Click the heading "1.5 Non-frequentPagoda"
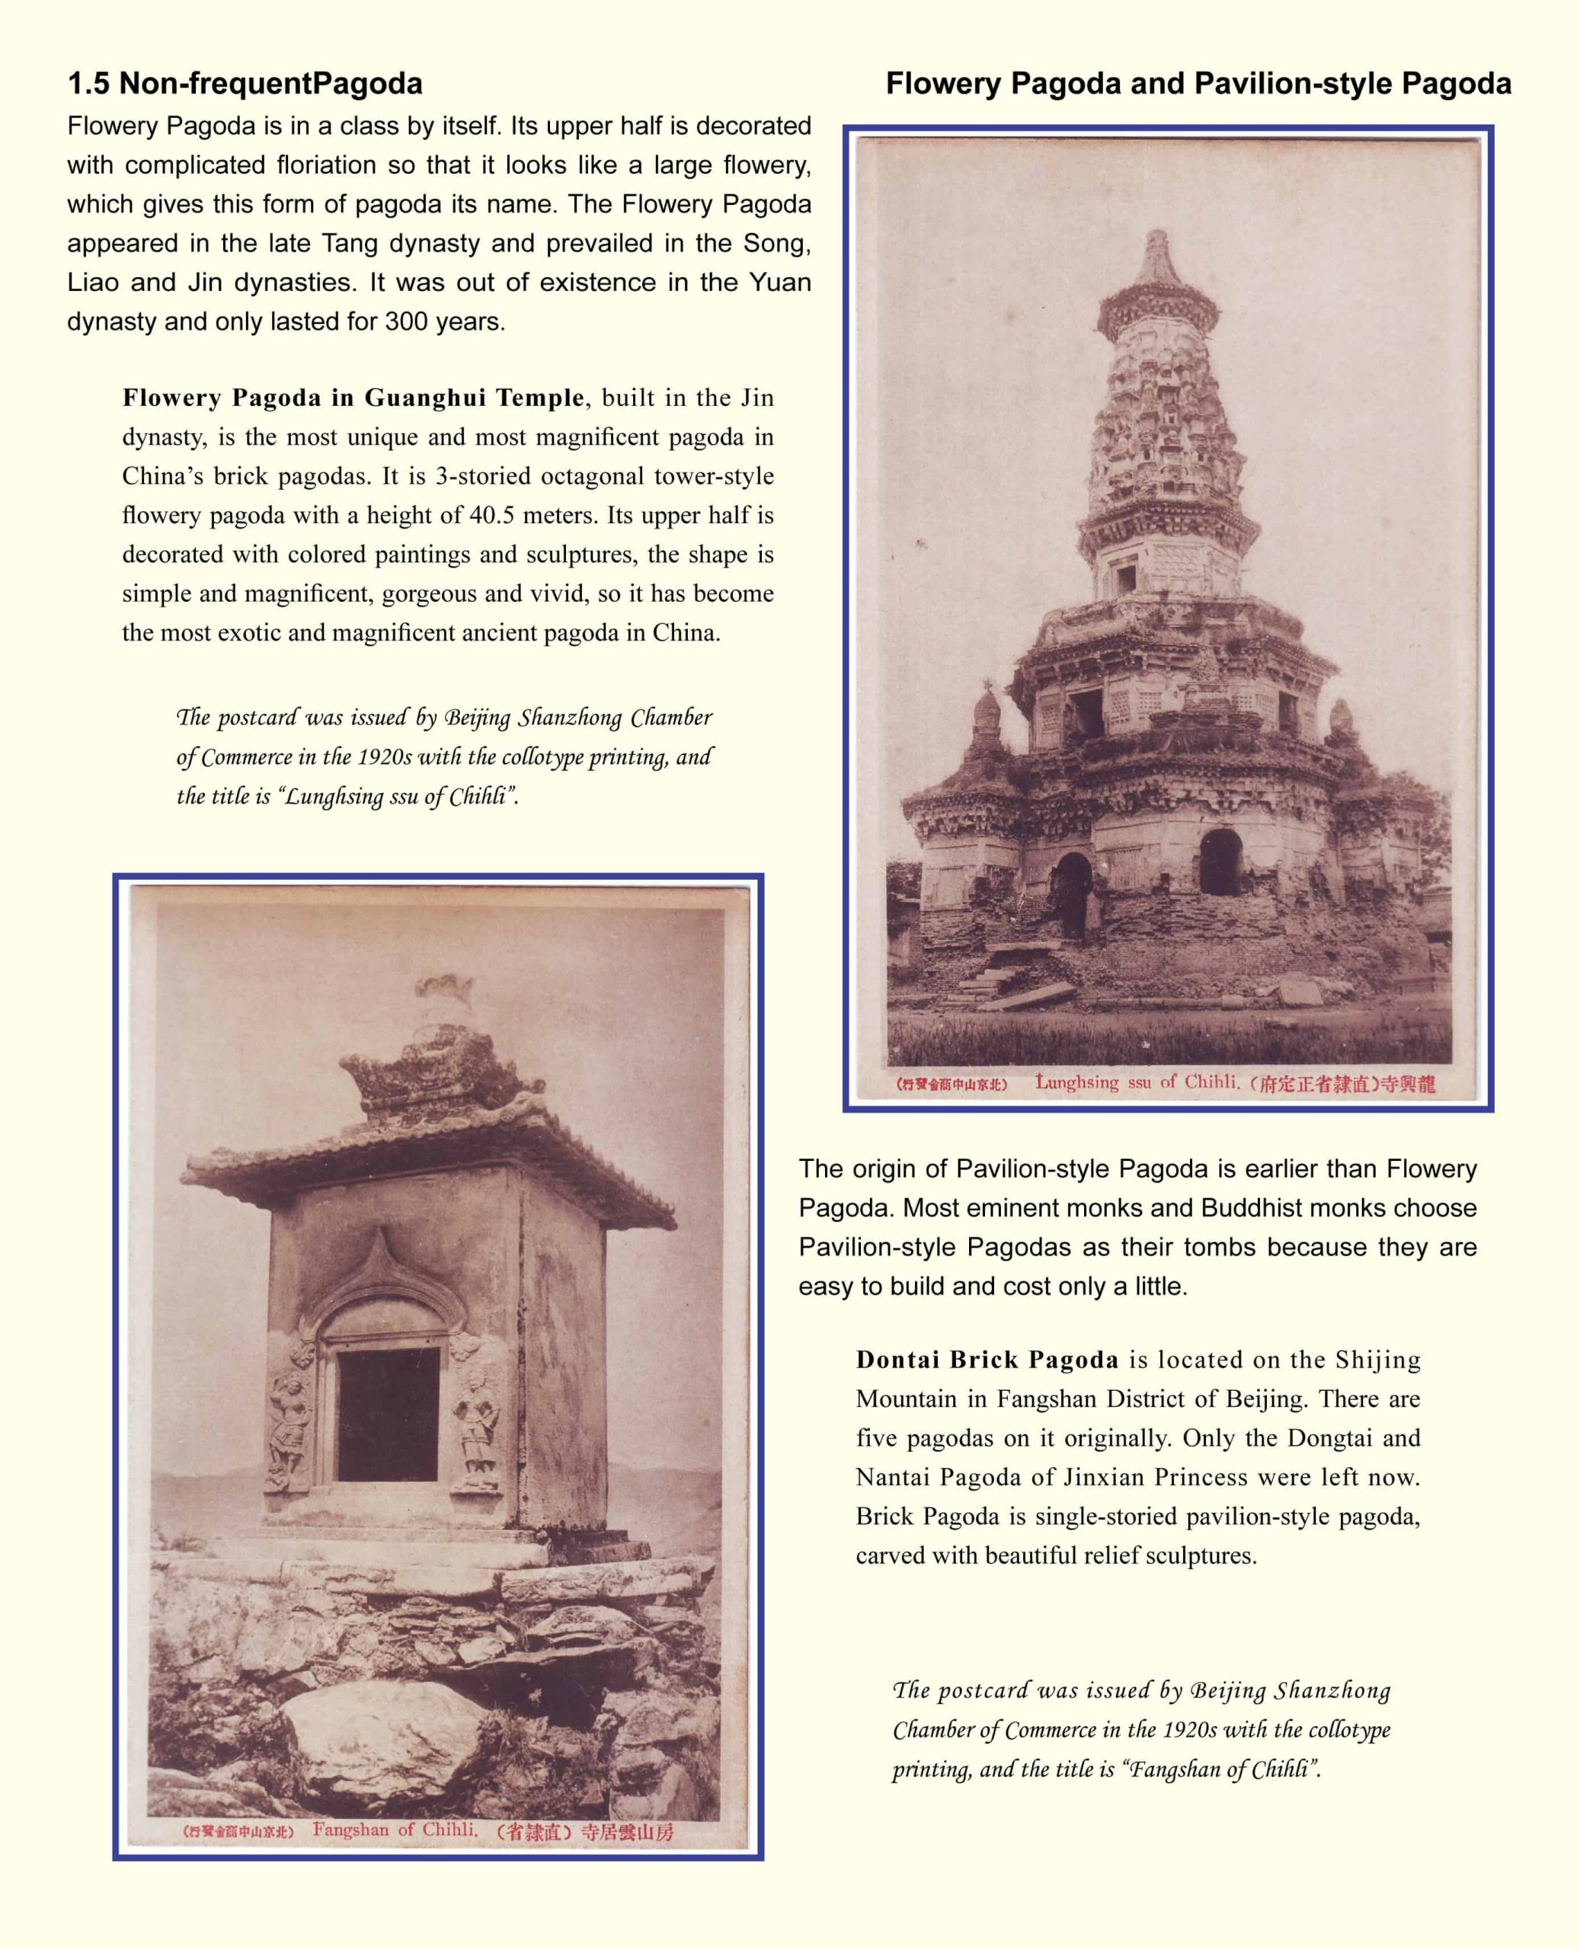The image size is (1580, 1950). point(245,84)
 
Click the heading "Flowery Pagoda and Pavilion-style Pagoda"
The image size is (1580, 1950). point(1198,84)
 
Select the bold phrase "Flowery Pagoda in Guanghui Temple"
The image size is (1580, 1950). point(353,398)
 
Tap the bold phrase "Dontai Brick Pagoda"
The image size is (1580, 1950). point(987,1360)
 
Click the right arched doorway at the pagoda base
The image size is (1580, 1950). point(1220,862)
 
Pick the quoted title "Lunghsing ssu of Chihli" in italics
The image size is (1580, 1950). point(396,797)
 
